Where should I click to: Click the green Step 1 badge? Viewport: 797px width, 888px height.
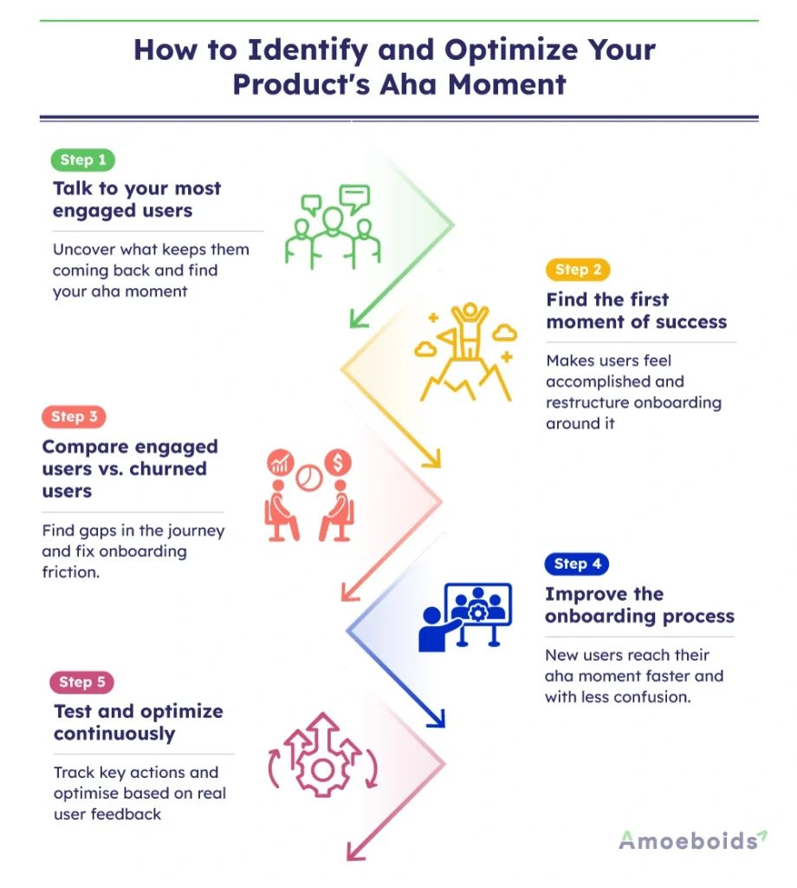(x=83, y=160)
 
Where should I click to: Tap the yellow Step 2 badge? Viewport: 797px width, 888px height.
(x=578, y=270)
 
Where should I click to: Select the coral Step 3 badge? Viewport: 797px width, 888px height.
(x=74, y=417)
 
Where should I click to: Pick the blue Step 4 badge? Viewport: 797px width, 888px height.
(x=577, y=564)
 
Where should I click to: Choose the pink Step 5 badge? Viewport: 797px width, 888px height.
(x=82, y=682)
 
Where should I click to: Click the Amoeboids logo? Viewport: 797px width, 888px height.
(x=692, y=840)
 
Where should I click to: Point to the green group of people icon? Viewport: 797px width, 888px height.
(x=333, y=226)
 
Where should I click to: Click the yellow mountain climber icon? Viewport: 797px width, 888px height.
(x=465, y=352)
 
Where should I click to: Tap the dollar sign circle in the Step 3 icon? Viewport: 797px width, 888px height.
(x=338, y=463)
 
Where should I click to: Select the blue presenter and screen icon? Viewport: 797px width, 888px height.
(x=465, y=617)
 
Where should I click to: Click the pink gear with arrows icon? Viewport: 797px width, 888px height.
(x=322, y=754)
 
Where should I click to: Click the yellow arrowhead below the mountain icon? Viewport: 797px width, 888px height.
(x=431, y=458)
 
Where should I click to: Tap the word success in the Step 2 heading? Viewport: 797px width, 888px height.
(x=690, y=323)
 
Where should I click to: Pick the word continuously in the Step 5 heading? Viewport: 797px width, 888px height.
(x=114, y=735)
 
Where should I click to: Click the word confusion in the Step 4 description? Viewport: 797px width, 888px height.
(x=652, y=697)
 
